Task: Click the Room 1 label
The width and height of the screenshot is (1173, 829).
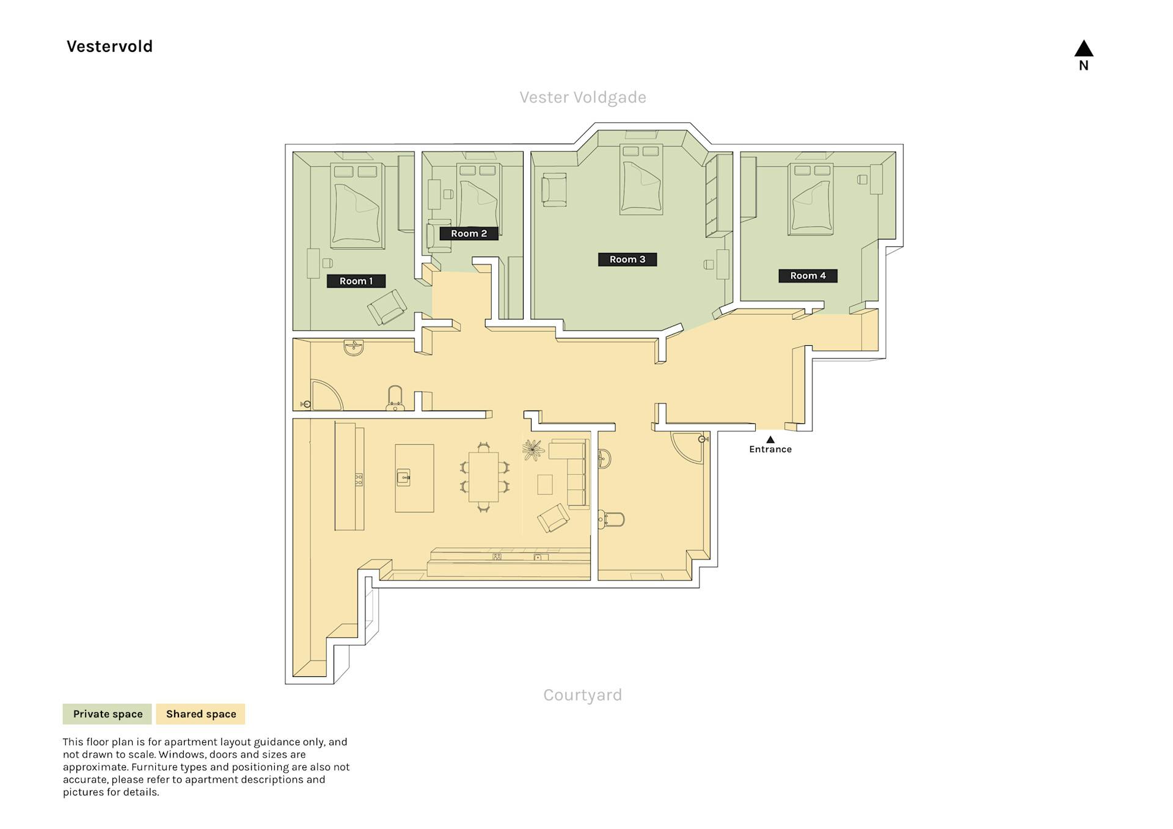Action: [x=356, y=281]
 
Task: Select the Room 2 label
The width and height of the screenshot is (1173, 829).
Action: [x=469, y=233]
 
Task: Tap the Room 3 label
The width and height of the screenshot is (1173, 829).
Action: [x=627, y=259]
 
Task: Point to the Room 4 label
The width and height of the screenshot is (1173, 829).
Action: [x=808, y=276]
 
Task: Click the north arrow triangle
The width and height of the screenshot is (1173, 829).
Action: [x=1084, y=49]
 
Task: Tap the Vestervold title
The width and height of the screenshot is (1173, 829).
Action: [x=109, y=46]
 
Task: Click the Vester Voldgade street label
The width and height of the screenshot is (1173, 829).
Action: [x=583, y=97]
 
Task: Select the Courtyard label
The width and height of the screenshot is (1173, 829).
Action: [x=583, y=695]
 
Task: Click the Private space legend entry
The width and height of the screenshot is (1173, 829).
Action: [x=108, y=714]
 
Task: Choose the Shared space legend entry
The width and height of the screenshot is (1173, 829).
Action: [x=201, y=714]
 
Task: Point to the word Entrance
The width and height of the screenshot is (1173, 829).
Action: [x=770, y=449]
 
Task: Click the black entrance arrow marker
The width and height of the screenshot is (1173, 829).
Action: [x=770, y=439]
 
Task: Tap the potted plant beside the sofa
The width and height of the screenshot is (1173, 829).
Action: [x=533, y=450]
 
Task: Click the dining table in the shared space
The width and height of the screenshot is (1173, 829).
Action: [x=483, y=477]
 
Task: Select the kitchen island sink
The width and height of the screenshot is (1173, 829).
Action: [x=403, y=477]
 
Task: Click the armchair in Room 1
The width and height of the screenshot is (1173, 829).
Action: [x=387, y=307]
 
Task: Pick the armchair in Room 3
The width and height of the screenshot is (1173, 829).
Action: [x=554, y=189]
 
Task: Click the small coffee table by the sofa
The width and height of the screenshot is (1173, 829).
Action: [x=545, y=485]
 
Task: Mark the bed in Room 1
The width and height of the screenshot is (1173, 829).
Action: [x=357, y=205]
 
